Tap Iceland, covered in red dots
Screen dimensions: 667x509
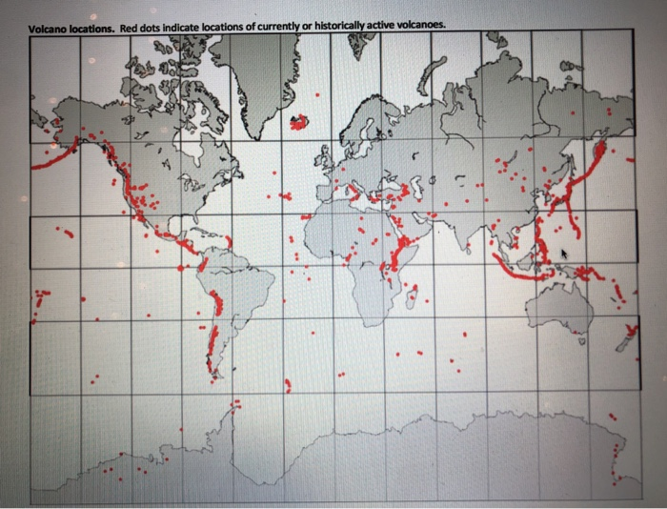300,122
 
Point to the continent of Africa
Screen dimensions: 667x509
362,248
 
